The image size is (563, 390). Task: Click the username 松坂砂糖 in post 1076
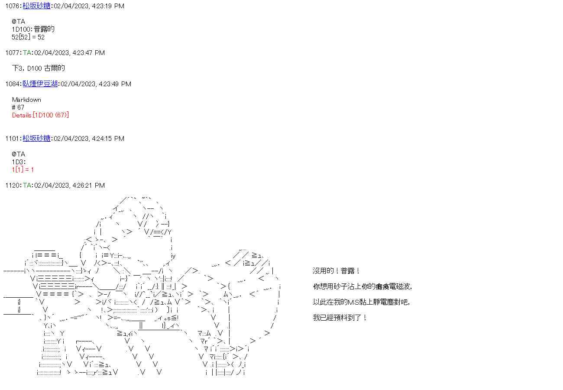tap(36, 6)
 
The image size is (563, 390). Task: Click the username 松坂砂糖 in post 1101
tap(36, 139)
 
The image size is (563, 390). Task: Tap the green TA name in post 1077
tap(27, 53)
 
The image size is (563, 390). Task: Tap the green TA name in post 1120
tap(27, 185)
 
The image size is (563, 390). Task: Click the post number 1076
tap(13, 6)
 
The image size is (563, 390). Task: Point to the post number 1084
tap(13, 84)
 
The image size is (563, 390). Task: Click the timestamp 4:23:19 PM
tap(108, 6)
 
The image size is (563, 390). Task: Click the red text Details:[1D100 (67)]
tap(40, 115)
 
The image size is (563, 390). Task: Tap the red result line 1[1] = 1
tap(23, 170)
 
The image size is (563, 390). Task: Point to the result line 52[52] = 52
tap(28, 37)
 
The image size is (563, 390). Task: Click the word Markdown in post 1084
tap(26, 100)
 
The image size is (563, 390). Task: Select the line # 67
tap(18, 107)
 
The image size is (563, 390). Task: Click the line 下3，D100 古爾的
tap(39, 68)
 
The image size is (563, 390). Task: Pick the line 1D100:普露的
tap(33, 29)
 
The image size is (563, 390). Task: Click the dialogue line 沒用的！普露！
tap(337, 271)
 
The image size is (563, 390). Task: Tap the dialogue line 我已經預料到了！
tap(340, 318)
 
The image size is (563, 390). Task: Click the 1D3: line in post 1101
tap(19, 162)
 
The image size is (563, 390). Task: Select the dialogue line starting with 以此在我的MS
tap(361, 302)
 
